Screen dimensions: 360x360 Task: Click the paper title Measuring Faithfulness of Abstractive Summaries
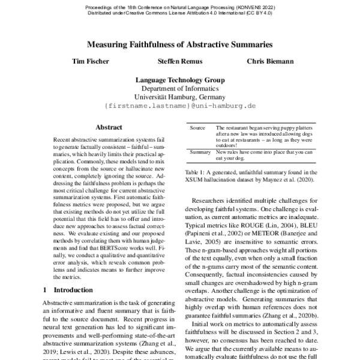[x=180, y=44]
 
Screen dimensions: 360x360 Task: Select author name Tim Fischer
[x=89, y=62]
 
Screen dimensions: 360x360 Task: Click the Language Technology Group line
[x=179, y=80]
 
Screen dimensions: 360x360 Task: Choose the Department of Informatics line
[x=179, y=88]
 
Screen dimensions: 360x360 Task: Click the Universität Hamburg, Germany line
[x=179, y=97]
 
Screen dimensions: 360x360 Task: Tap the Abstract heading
[x=109, y=128]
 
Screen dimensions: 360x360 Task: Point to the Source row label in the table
[x=198, y=128]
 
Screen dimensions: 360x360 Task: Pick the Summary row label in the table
[x=200, y=152]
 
